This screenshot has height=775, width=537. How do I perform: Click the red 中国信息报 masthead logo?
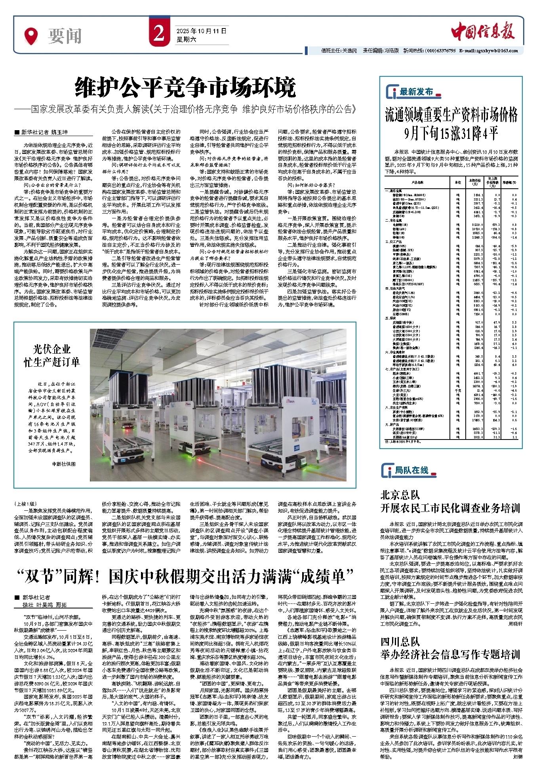pyautogui.click(x=483, y=31)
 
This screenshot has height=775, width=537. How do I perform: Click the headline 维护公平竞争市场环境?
pyautogui.click(x=185, y=88)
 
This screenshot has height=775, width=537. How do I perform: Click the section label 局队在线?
pyautogui.click(x=411, y=470)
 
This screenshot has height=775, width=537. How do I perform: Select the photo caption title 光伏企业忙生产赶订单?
pyautogui.click(x=52, y=355)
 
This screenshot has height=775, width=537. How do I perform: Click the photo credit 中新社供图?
pyautogui.click(x=64, y=464)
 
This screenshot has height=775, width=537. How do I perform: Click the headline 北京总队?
pyautogui.click(x=400, y=495)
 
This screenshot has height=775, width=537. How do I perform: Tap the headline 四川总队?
pyautogui.click(x=400, y=641)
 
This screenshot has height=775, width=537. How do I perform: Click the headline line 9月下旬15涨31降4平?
pyautogui.click(x=451, y=134)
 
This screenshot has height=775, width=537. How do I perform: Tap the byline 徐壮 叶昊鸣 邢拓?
pyautogui.click(x=44, y=605)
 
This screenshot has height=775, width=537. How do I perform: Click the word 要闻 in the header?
pyautogui.click(x=65, y=36)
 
